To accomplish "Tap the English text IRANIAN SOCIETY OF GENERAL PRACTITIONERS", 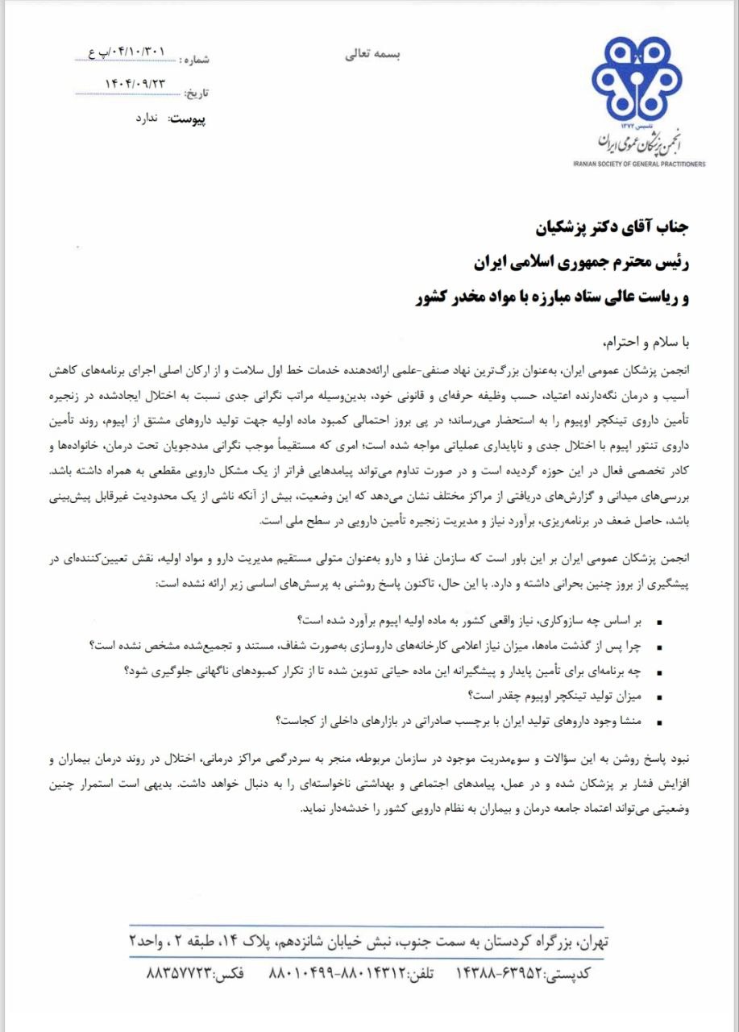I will (639, 163).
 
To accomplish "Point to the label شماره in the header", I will (197, 60).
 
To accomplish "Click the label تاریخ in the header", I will (197, 92).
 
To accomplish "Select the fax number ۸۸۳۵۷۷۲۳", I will (179, 974).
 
